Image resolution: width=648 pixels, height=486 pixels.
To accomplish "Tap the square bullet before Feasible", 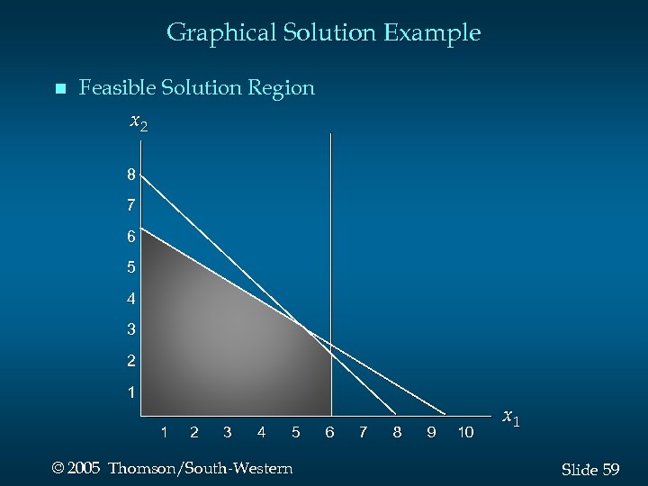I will pos(59,89).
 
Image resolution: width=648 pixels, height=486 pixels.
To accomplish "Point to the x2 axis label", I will pos(139,121).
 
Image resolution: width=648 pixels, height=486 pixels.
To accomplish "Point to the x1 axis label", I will pos(510,418).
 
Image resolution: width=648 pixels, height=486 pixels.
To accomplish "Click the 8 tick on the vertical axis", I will pos(131,175).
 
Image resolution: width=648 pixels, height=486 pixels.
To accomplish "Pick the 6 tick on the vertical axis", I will pos(131,237).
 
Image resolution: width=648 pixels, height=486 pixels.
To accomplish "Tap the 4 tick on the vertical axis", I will pos(131,299).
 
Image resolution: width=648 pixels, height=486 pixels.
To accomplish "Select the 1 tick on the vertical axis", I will pos(131,392).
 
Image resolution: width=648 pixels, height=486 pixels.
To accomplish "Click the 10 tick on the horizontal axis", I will pos(465,433).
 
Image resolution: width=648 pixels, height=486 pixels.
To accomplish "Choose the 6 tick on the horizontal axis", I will pos(329,433).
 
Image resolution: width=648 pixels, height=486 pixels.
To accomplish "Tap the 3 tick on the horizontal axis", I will pos(227,433).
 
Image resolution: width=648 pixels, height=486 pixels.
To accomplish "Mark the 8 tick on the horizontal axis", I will pos(397,433).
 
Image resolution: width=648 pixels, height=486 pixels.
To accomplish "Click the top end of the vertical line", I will pos(331,135).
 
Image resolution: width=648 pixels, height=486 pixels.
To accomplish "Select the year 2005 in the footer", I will pos(83,469).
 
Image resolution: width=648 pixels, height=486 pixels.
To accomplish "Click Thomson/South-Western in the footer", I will pos(200,469).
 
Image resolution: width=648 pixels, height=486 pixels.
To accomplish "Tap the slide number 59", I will pos(610,470).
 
